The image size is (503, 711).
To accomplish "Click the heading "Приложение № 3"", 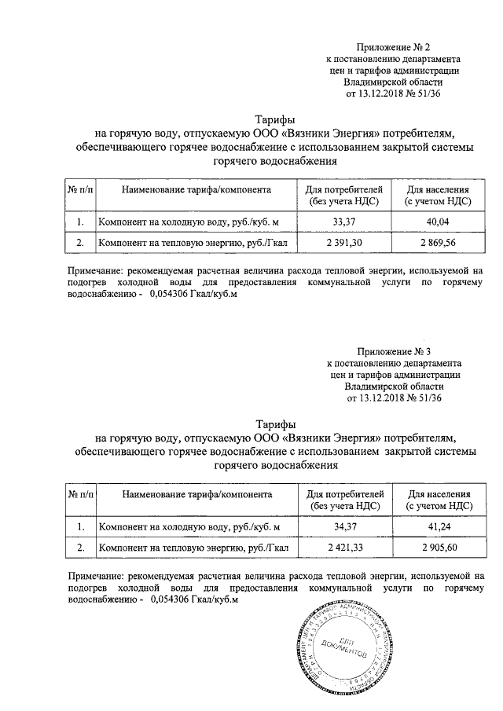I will pyautogui.click(x=394, y=350).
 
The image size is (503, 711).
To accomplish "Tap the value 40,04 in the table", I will pyautogui.click(x=438, y=223).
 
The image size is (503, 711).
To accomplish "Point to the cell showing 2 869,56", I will pyautogui.click(x=438, y=243).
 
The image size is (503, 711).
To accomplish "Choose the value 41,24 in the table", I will pyautogui.click(x=438, y=526).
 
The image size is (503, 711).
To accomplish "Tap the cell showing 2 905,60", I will pyautogui.click(x=438, y=545).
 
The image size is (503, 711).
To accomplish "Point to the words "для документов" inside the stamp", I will pyautogui.click(x=347, y=647).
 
